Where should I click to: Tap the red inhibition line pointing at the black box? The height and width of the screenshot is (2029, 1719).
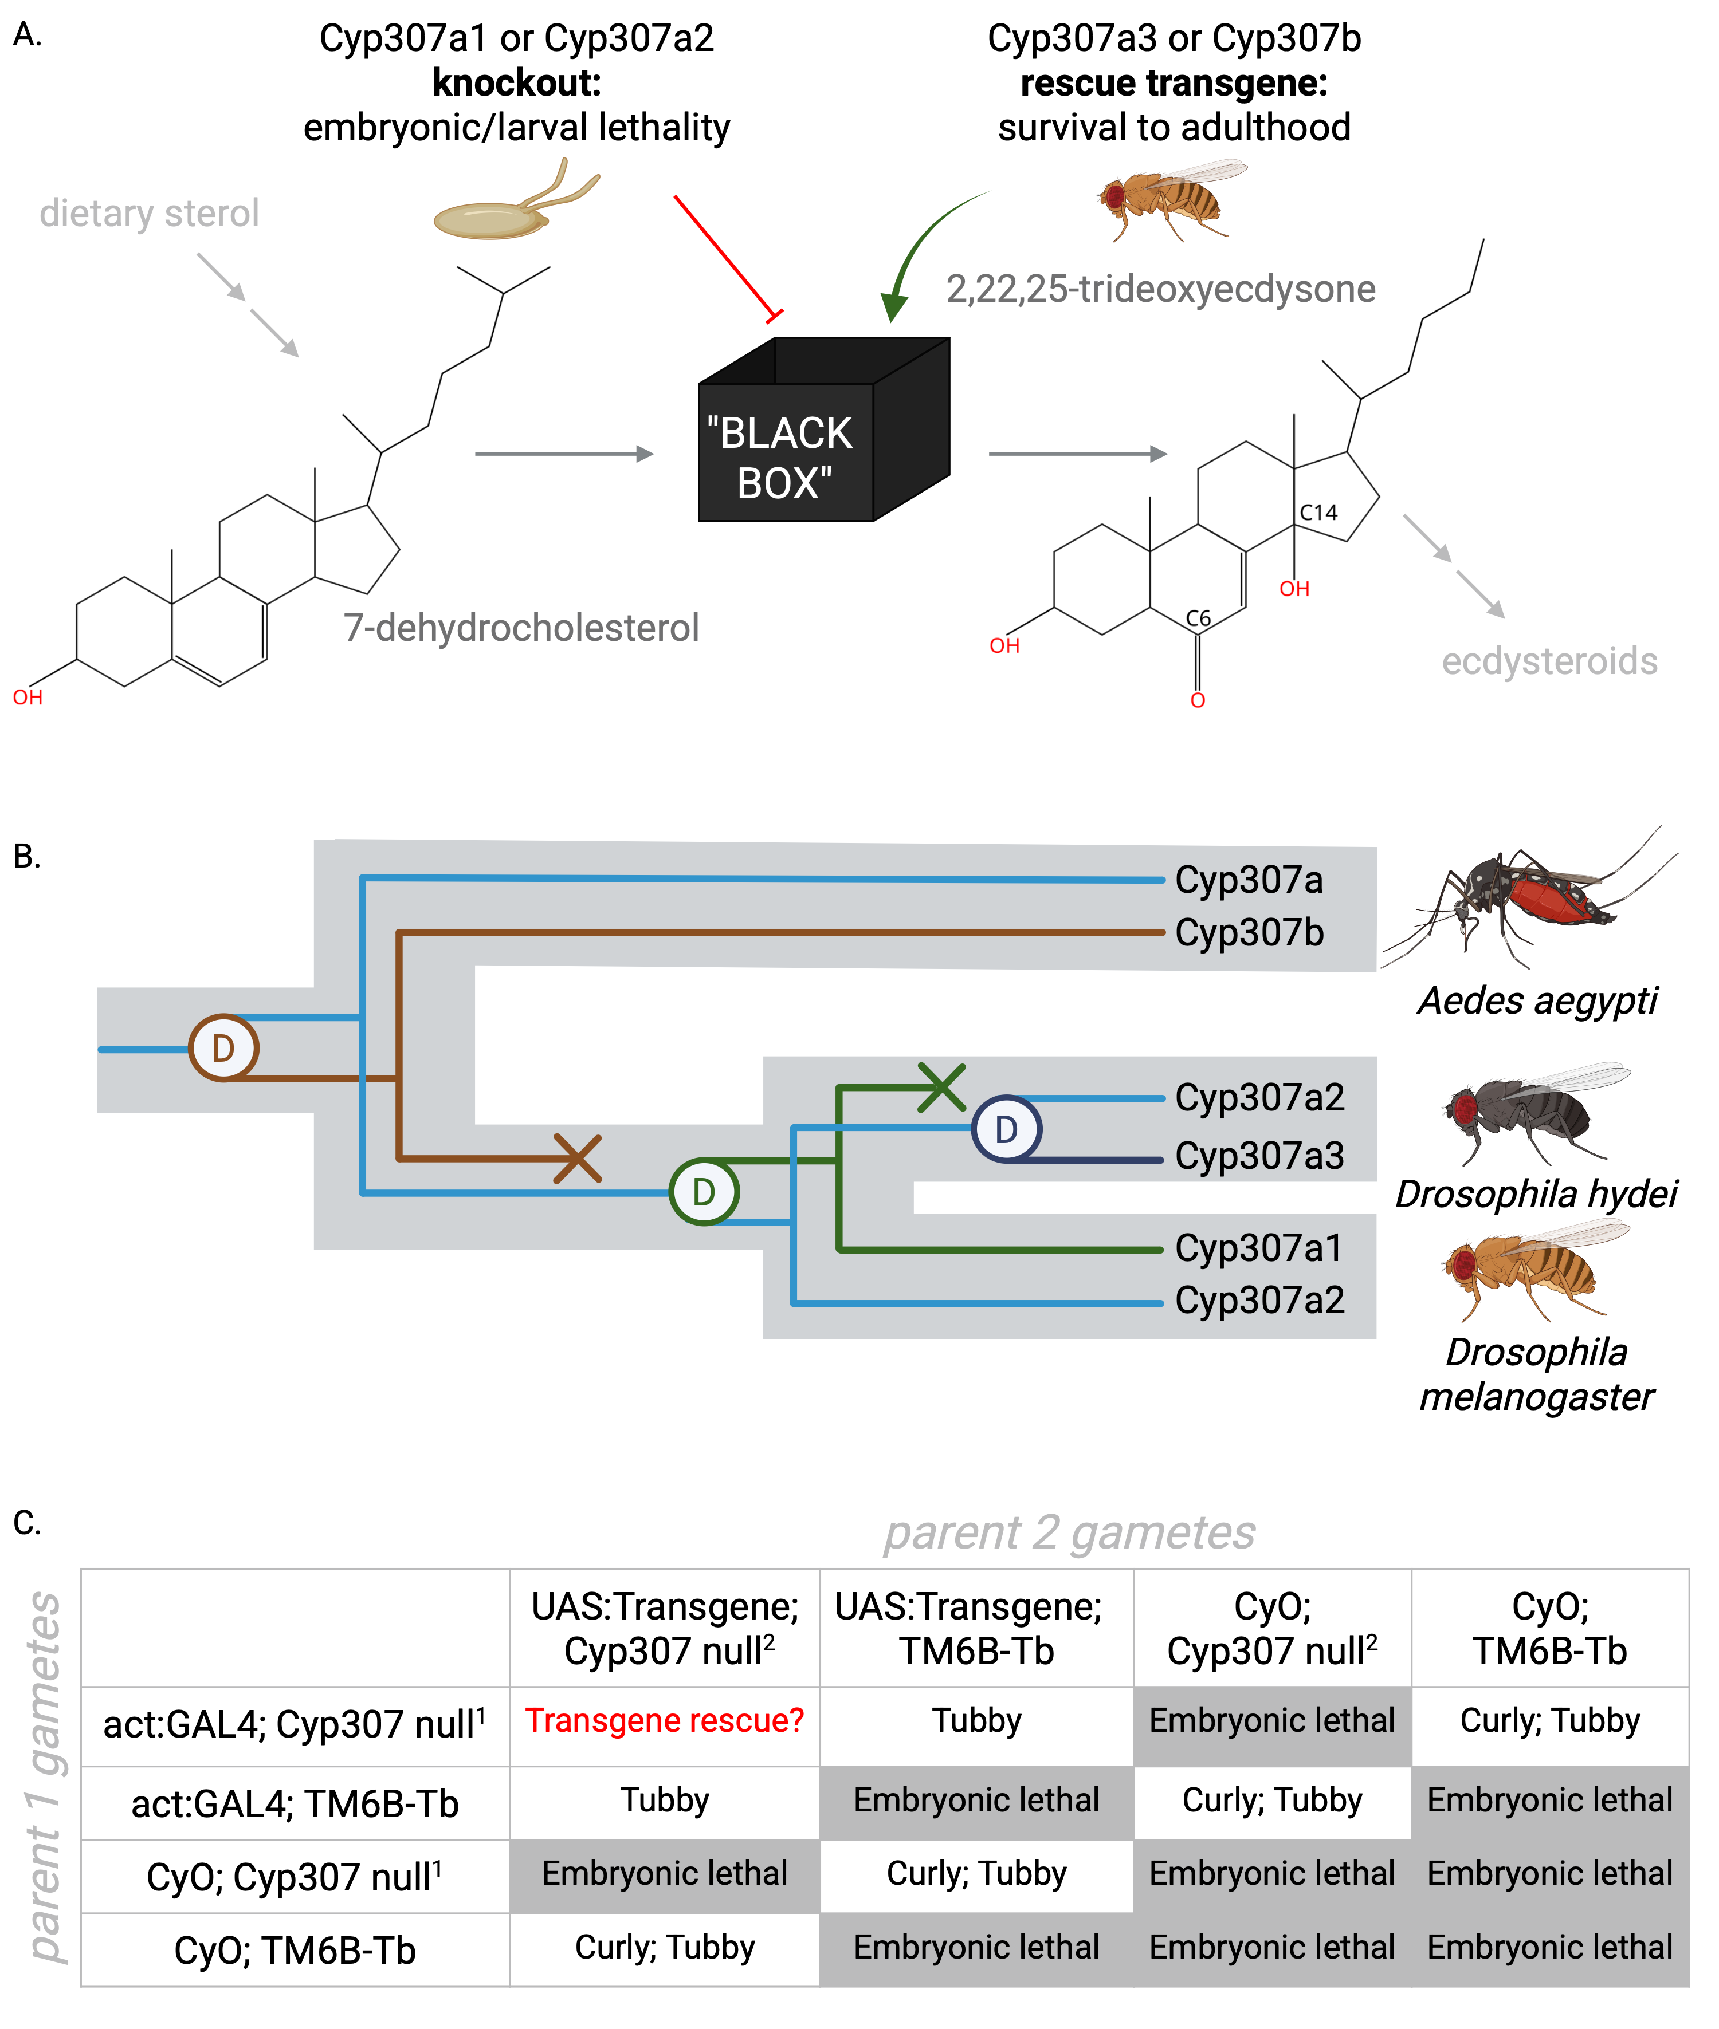[726, 256]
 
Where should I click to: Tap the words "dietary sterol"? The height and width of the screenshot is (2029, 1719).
[149, 213]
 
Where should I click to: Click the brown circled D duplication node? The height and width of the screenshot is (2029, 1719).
[223, 1048]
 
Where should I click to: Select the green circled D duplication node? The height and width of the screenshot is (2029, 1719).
[704, 1191]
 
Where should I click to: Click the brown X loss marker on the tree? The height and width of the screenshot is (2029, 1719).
[577, 1158]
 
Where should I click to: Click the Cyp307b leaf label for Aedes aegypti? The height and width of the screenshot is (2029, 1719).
[1249, 932]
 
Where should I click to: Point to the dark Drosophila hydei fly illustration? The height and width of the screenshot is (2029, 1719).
[1530, 1110]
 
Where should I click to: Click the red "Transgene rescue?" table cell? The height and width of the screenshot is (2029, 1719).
[665, 1720]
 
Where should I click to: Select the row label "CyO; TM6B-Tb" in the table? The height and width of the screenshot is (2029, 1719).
[295, 1950]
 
